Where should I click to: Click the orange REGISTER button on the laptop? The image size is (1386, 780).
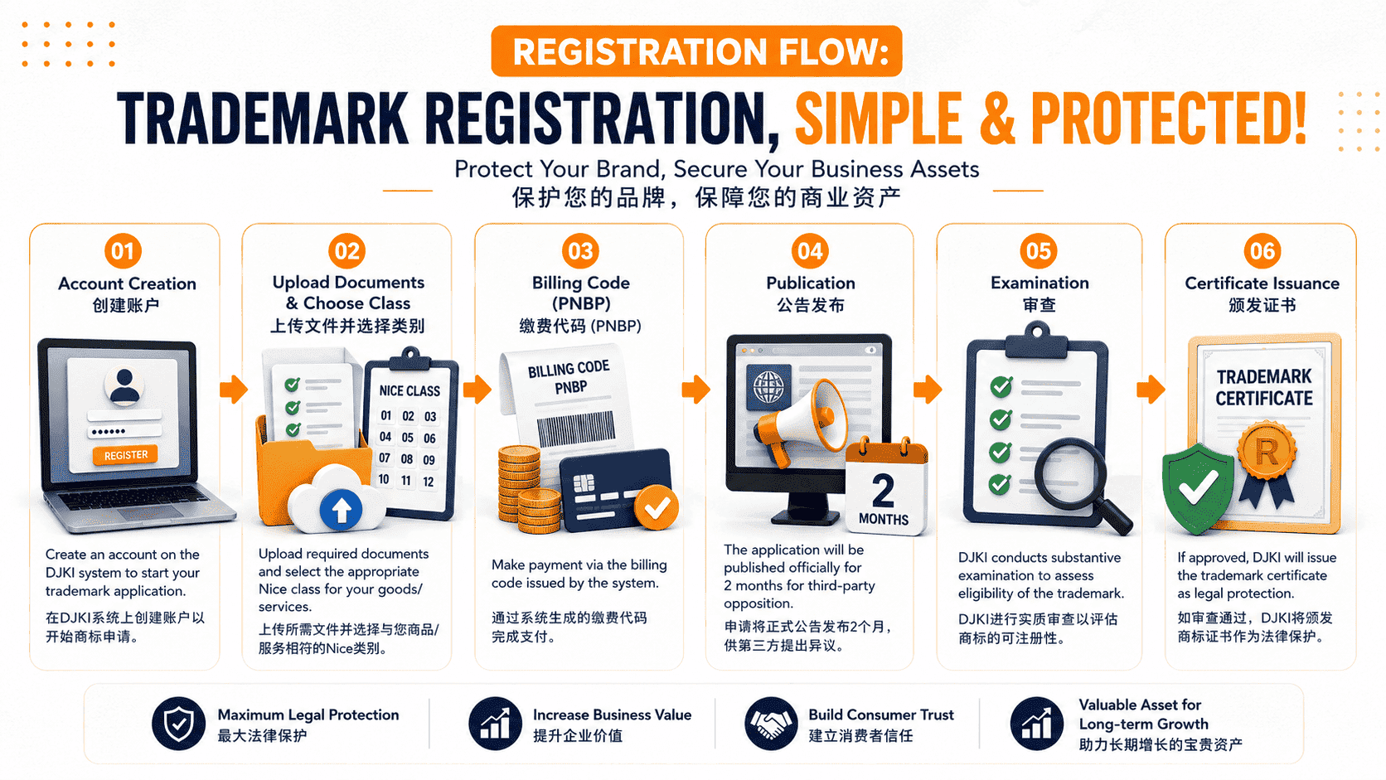126,455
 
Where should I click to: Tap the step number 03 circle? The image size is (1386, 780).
580,251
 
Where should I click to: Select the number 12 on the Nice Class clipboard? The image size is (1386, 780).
429,482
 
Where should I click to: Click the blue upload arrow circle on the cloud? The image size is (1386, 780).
341,509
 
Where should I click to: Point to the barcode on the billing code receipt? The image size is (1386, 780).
575,428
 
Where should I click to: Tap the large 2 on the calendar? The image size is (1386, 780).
884,492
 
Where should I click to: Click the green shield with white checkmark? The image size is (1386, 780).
1198,489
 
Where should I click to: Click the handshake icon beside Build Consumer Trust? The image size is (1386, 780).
771,724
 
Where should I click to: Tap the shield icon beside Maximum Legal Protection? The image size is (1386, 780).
178,724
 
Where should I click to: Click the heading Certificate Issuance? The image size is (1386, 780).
1262,283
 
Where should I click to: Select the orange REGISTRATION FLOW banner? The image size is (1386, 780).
696,51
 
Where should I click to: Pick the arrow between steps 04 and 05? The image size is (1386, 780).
928,390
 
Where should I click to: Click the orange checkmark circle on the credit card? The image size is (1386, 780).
656,508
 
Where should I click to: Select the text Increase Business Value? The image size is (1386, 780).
612,715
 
